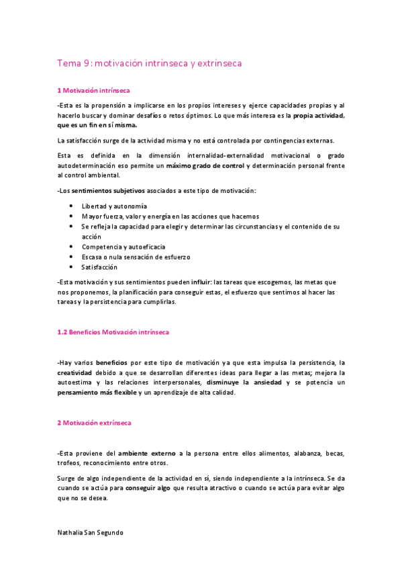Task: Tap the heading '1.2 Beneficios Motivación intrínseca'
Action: pyautogui.click(x=113, y=332)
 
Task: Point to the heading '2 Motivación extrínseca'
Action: pyautogui.click(x=94, y=423)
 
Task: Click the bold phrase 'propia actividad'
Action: pyautogui.click(x=319, y=116)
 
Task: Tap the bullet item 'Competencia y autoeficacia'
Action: pyautogui.click(x=123, y=247)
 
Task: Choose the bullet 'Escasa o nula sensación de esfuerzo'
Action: pyautogui.click(x=136, y=257)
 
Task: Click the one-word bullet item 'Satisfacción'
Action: pyautogui.click(x=99, y=267)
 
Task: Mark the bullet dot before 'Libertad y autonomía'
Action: pyautogui.click(x=72, y=206)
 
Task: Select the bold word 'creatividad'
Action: pyautogui.click(x=75, y=372)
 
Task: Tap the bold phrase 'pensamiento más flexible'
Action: pyautogui.click(x=97, y=393)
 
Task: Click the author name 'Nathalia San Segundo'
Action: pyautogui.click(x=91, y=532)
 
